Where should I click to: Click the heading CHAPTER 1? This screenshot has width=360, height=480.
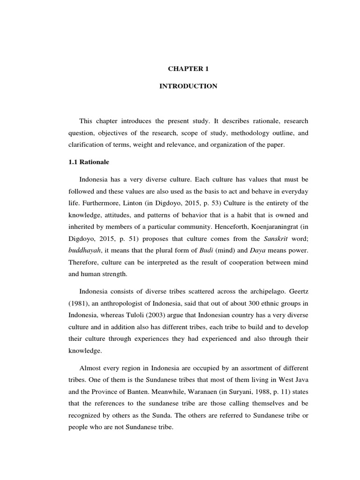click(x=188, y=68)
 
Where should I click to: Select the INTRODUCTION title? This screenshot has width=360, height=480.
click(x=188, y=86)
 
